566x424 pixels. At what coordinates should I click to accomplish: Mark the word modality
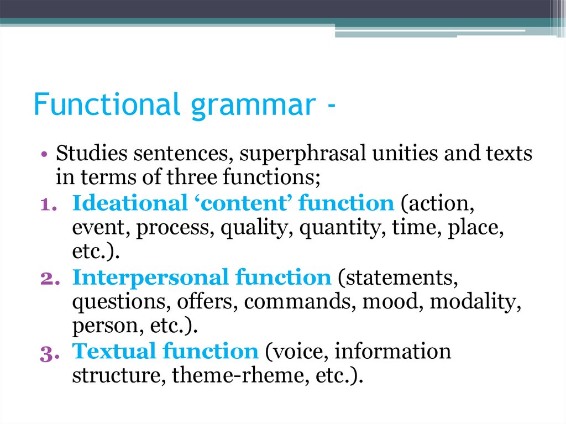tap(475, 302)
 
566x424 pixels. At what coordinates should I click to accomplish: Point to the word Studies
tap(88, 153)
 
